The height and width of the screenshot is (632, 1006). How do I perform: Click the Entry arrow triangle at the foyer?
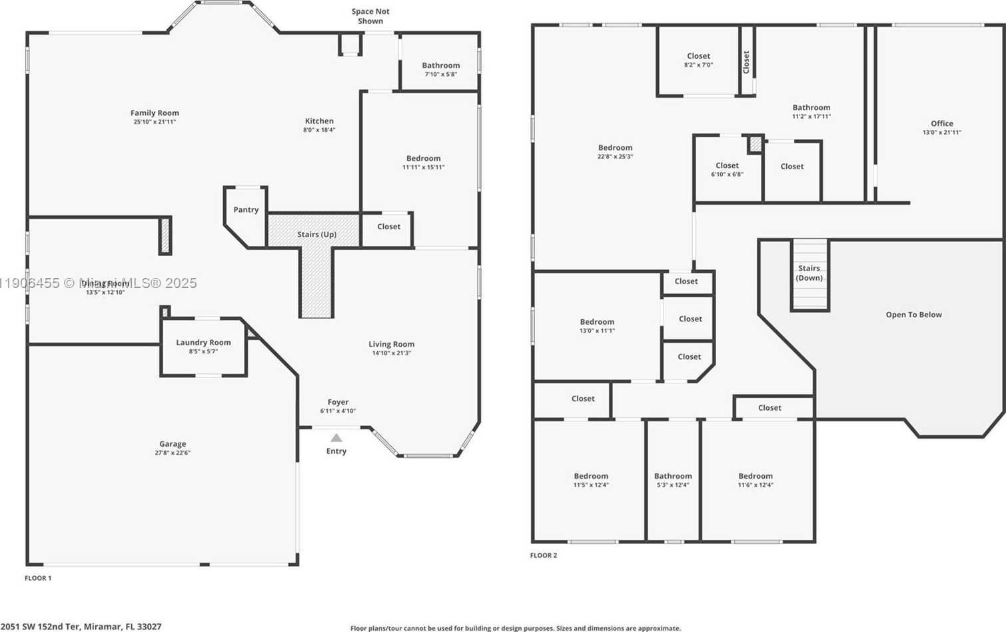point(336,438)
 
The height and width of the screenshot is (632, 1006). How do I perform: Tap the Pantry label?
point(246,209)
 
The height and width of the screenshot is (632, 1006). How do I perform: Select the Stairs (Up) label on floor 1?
point(316,234)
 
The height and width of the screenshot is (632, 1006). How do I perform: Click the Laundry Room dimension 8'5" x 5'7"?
point(203,351)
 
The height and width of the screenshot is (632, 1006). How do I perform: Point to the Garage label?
point(173,443)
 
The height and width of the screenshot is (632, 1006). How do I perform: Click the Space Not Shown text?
point(370,16)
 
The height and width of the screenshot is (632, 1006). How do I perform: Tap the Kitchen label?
point(319,121)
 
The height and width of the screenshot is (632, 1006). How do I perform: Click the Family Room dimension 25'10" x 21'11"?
point(155,122)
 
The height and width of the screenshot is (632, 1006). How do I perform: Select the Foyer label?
point(338,402)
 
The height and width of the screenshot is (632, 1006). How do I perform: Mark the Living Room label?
point(391,344)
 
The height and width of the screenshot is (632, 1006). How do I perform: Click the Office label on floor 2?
point(941,123)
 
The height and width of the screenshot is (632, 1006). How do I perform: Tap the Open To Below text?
point(913,315)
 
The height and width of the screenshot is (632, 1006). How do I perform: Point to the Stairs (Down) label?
point(809,273)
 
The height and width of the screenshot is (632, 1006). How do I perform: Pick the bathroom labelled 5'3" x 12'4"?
point(673,476)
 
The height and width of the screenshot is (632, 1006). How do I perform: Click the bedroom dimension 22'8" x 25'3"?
point(615,157)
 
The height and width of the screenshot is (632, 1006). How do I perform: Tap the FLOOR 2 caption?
point(544,555)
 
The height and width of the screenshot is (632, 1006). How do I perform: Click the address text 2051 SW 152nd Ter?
point(81,627)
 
